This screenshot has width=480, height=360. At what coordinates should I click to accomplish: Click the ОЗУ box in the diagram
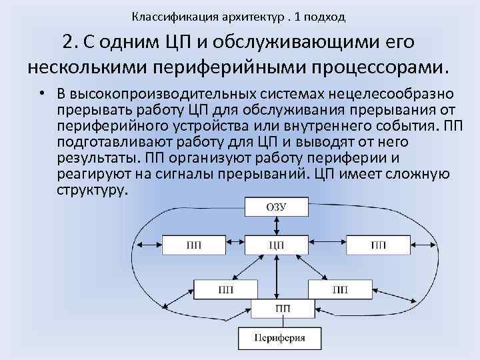click(x=277, y=207)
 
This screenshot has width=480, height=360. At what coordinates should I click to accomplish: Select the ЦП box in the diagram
click(x=277, y=245)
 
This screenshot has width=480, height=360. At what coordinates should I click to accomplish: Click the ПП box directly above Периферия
click(x=281, y=309)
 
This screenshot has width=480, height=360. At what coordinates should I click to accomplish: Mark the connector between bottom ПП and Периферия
click(x=280, y=322)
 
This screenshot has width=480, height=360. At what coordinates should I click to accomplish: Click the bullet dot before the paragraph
click(x=41, y=91)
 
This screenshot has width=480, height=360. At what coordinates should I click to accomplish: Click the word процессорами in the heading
click(x=377, y=67)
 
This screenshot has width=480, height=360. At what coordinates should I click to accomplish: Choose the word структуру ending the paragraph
click(x=92, y=189)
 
